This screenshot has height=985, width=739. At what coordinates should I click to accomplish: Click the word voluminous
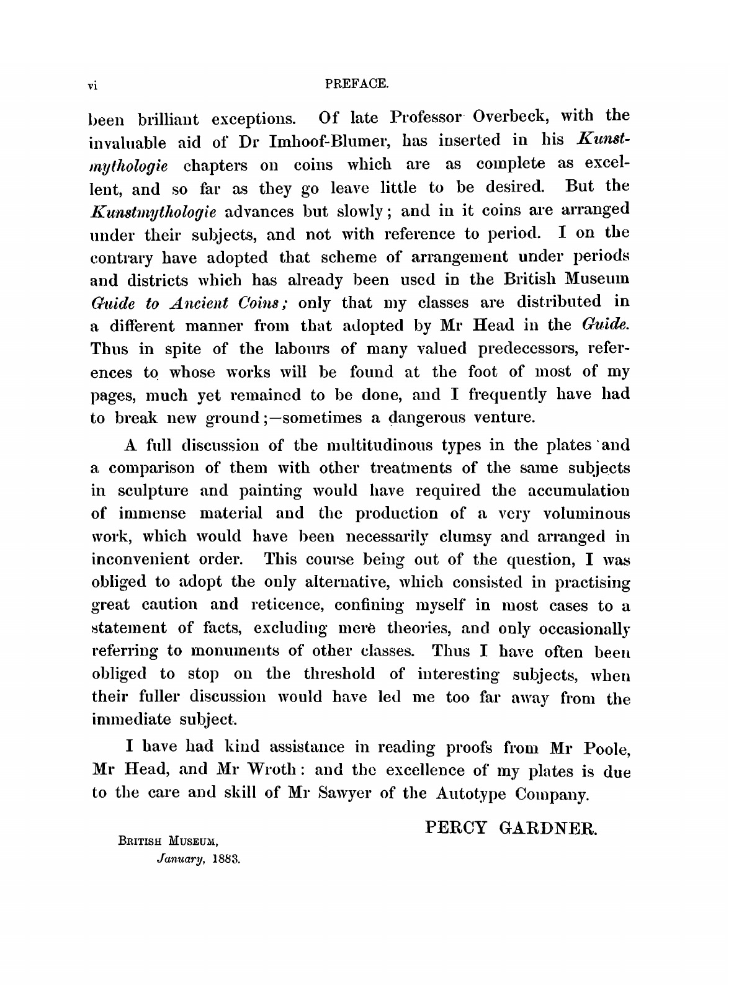point(586,514)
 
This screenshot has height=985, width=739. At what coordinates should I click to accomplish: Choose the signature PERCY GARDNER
point(511,829)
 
